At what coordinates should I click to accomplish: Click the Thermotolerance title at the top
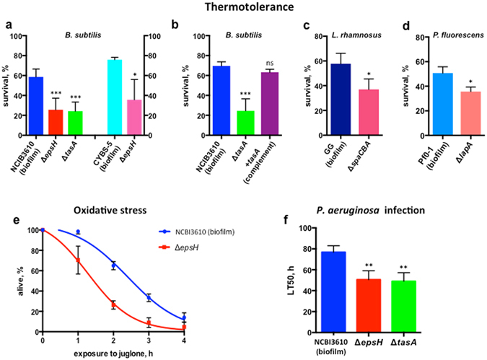[243, 8]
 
